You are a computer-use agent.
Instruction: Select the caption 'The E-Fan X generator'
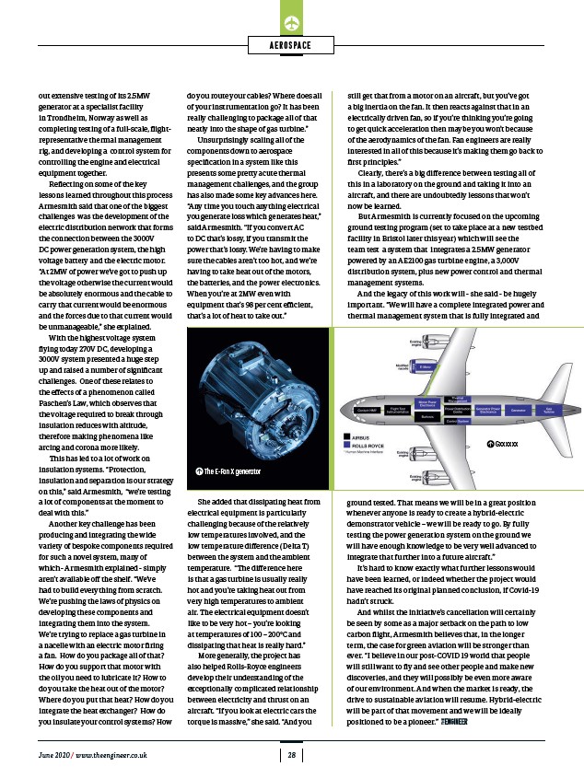pos(230,472)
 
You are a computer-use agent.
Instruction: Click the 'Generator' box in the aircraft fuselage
pos(518,409)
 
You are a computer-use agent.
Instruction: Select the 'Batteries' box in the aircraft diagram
pos(426,416)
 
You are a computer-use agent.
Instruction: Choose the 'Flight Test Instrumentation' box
pos(398,409)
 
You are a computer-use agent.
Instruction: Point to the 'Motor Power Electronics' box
pos(426,402)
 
